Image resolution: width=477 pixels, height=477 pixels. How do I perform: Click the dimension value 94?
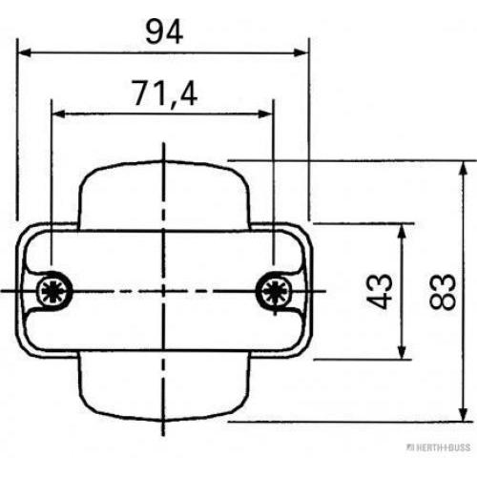tap(164, 31)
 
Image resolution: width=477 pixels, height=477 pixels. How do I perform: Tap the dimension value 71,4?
tap(165, 93)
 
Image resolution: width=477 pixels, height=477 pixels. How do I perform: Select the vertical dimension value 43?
tap(379, 291)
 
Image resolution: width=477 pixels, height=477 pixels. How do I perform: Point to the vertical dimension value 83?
tap(443, 292)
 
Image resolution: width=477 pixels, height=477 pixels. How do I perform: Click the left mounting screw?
tap(53, 290)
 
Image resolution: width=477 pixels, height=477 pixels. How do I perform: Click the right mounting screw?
tap(274, 290)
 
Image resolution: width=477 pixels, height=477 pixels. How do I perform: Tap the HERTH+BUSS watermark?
tap(440, 447)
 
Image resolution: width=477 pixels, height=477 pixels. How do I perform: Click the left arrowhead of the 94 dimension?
tap(25, 52)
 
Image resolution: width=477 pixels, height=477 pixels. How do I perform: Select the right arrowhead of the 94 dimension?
tap(301, 52)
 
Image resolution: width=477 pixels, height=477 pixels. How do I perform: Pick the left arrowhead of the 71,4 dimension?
tap(59, 114)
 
